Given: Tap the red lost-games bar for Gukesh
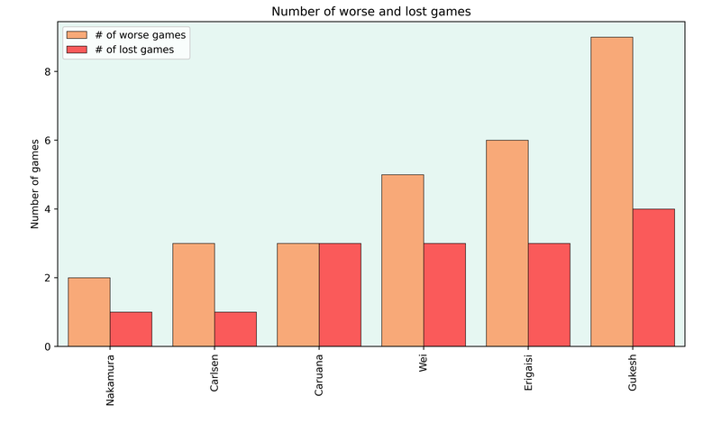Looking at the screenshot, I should (x=653, y=278).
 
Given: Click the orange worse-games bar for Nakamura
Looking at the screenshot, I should (x=89, y=312).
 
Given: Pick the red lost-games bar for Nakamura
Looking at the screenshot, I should (x=131, y=329).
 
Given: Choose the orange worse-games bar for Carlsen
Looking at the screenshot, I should (x=194, y=295).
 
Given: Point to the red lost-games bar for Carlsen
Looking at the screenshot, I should (x=235, y=329).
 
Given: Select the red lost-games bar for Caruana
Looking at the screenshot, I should (x=340, y=295).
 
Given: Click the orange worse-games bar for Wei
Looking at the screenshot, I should (x=403, y=261).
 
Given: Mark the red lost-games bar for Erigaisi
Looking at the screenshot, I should (x=549, y=295).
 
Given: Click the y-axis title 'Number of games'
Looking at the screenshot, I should (x=36, y=183).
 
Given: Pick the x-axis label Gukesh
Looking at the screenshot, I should (x=633, y=373).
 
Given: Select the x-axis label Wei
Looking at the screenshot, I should (x=424, y=363).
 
